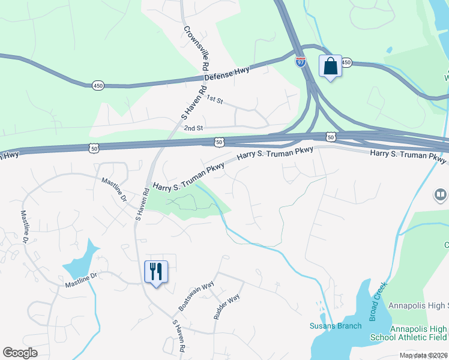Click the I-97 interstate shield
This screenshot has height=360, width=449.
301,61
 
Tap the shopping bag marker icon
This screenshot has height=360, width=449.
330,66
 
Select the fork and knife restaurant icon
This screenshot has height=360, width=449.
156,272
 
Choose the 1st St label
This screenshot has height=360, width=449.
214,98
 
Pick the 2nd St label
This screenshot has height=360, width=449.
194,128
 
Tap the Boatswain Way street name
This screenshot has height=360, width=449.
196,295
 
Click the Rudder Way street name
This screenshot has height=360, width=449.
226,306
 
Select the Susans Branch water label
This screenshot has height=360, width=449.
335,326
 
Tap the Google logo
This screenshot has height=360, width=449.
20,353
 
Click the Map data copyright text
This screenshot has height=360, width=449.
424,355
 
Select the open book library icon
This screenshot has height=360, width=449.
441,196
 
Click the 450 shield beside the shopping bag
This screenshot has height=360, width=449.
346,62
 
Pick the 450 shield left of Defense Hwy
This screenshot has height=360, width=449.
98,86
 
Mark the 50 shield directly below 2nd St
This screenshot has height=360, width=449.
219,142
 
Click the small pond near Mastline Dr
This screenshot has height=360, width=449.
82,262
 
